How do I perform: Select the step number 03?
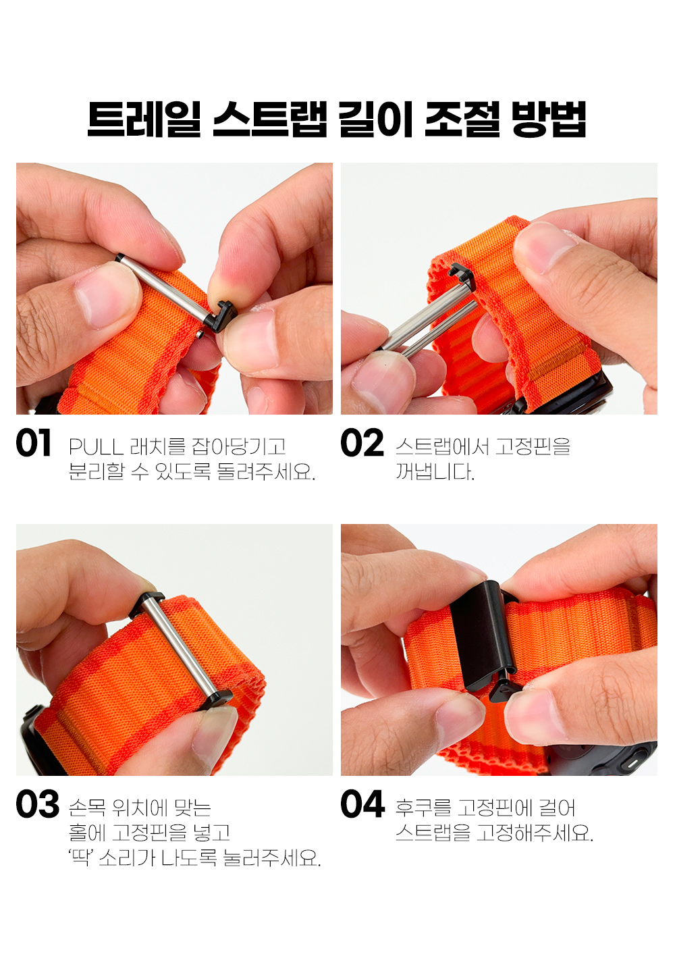point(38,804)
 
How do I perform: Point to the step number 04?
point(362,804)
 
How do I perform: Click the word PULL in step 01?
point(96,447)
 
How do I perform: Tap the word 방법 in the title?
point(549,120)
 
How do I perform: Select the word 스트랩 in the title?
point(270,120)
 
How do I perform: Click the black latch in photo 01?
point(221,315)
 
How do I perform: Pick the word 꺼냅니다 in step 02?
point(435,471)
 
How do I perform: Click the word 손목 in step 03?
point(87,808)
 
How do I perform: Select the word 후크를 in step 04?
point(423,808)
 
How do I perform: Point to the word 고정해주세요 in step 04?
point(535,833)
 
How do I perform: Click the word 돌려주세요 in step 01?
point(266,471)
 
